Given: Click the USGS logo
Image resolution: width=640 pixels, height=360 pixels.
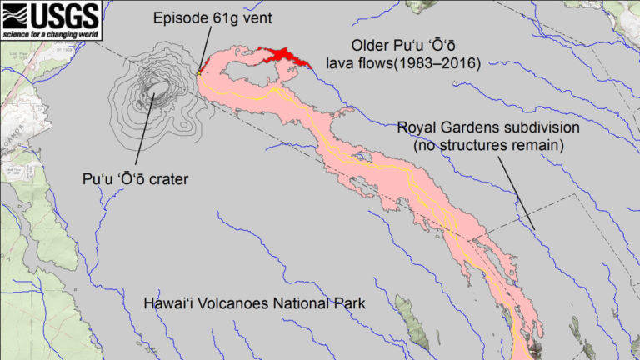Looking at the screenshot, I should (x=51, y=14).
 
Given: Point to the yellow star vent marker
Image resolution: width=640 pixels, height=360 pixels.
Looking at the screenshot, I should (x=198, y=73).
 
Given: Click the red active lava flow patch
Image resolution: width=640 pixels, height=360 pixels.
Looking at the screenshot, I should (x=282, y=57).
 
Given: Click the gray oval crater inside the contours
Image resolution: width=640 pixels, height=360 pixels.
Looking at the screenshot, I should (x=155, y=88).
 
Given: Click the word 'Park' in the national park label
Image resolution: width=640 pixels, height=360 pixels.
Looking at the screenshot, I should (x=348, y=304).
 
